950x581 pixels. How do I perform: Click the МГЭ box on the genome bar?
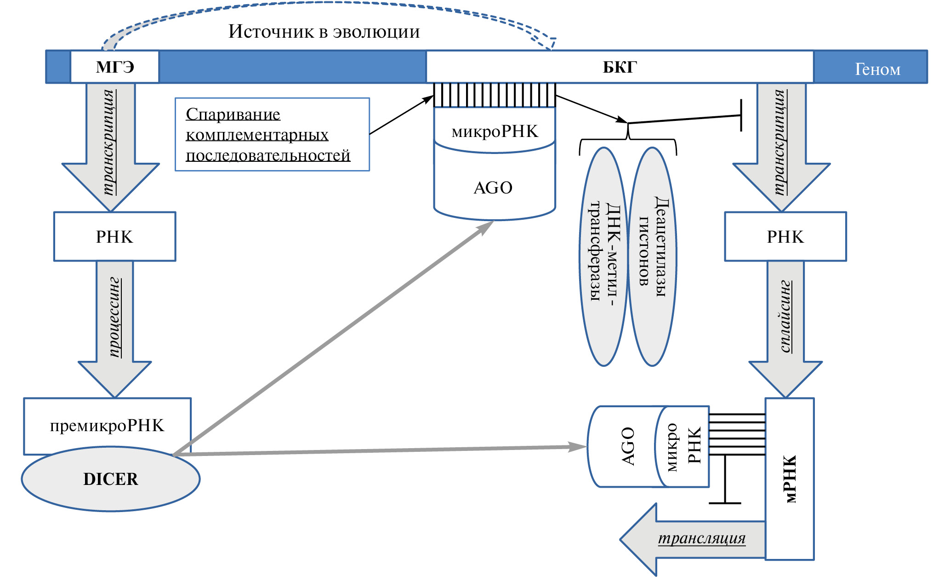[x=114, y=67]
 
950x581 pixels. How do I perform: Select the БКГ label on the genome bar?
[x=620, y=67]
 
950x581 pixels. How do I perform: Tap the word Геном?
[x=877, y=69]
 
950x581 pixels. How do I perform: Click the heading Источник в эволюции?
[x=324, y=32]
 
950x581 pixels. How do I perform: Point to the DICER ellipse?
[x=111, y=479]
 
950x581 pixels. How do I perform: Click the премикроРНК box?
[x=107, y=426]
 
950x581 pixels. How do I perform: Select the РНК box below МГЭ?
[x=114, y=237]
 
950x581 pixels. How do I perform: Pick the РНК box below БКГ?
[x=785, y=237]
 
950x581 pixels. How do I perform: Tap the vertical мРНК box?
[x=790, y=479]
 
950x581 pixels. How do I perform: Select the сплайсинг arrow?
[x=786, y=317]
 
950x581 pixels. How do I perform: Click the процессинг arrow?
[x=115, y=317]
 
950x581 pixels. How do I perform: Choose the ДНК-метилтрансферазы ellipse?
[x=603, y=256]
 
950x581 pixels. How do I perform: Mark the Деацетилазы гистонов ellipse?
[x=652, y=256]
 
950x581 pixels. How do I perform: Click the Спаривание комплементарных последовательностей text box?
[x=272, y=135]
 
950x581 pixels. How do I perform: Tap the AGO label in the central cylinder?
[x=493, y=188]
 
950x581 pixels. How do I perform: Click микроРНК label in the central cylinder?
[x=495, y=131]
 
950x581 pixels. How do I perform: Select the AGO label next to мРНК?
[x=628, y=446]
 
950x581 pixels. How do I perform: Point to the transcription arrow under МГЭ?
[x=110, y=142]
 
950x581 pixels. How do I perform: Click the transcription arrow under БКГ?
[x=781, y=142]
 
